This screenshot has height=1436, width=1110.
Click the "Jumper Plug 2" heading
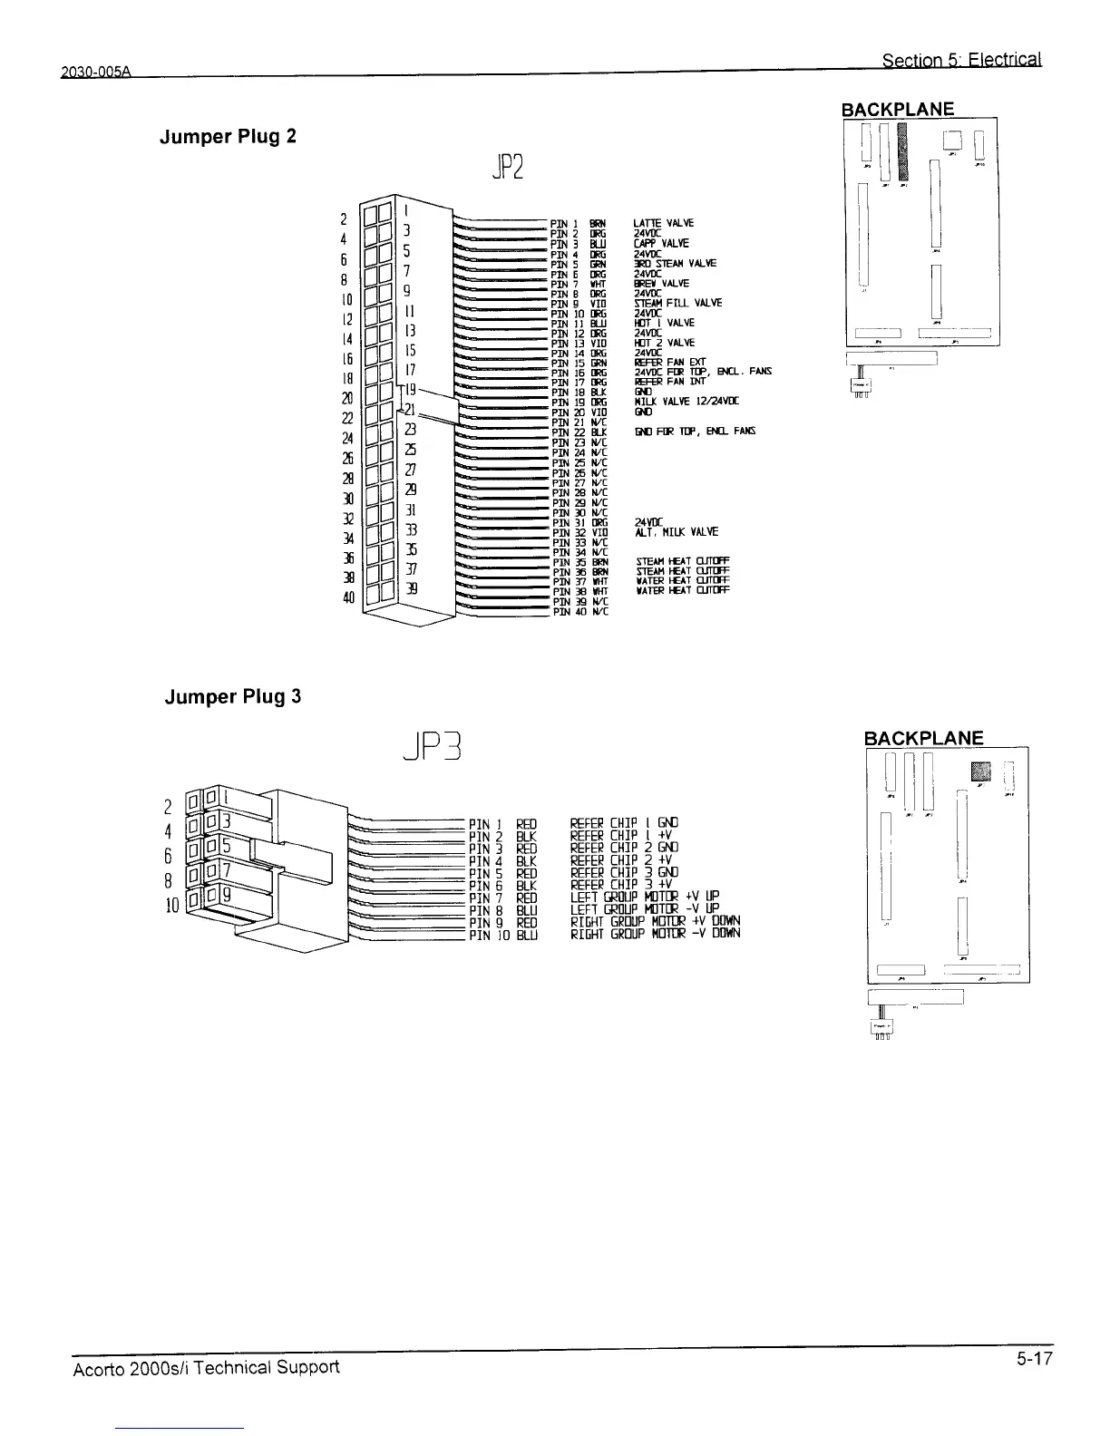click(228, 138)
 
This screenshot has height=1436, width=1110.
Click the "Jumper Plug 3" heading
click(232, 697)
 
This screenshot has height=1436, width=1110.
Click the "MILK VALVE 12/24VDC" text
click(686, 402)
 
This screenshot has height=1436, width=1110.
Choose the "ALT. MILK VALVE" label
click(677, 532)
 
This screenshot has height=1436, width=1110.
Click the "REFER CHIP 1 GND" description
click(623, 824)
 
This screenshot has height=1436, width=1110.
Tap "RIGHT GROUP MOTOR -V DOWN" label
click(655, 934)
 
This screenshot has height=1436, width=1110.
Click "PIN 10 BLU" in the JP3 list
click(503, 934)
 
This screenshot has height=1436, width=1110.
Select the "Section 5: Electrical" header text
click(961, 61)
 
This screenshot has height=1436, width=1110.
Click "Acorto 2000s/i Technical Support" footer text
click(205, 1367)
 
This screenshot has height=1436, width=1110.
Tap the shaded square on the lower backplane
click(981, 771)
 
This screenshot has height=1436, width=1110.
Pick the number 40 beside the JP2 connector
click(346, 597)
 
